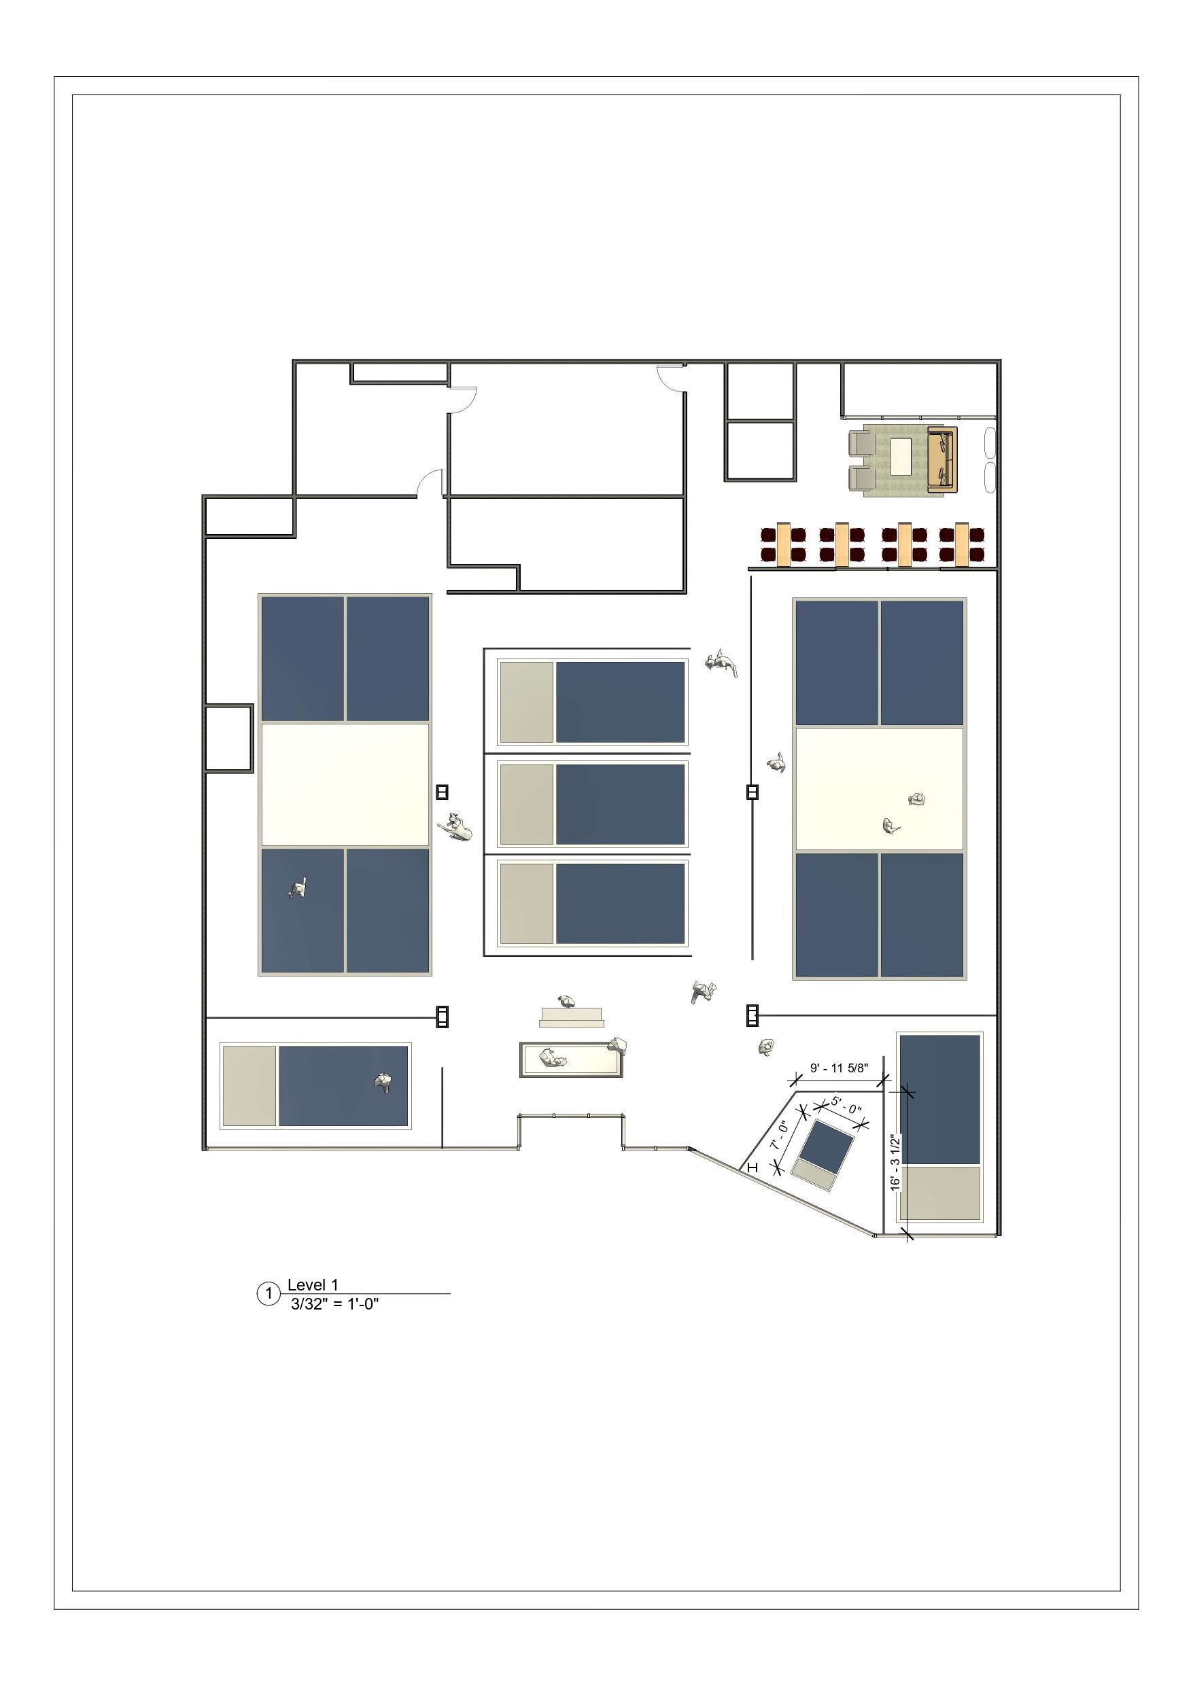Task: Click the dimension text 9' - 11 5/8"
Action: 839,1068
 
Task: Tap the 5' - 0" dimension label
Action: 846,1105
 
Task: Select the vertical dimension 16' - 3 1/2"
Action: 895,1163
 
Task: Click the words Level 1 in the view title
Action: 313,1285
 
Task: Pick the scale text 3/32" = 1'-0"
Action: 335,1304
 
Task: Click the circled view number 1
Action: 268,1293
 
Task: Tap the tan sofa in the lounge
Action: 942,459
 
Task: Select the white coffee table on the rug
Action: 901,457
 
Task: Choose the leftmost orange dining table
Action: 784,544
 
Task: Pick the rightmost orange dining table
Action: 962,544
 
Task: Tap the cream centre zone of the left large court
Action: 345,785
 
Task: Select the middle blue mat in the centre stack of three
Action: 620,804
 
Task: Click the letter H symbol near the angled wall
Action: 752,1167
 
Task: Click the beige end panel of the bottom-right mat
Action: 939,1193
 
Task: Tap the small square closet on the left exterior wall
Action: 228,738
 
